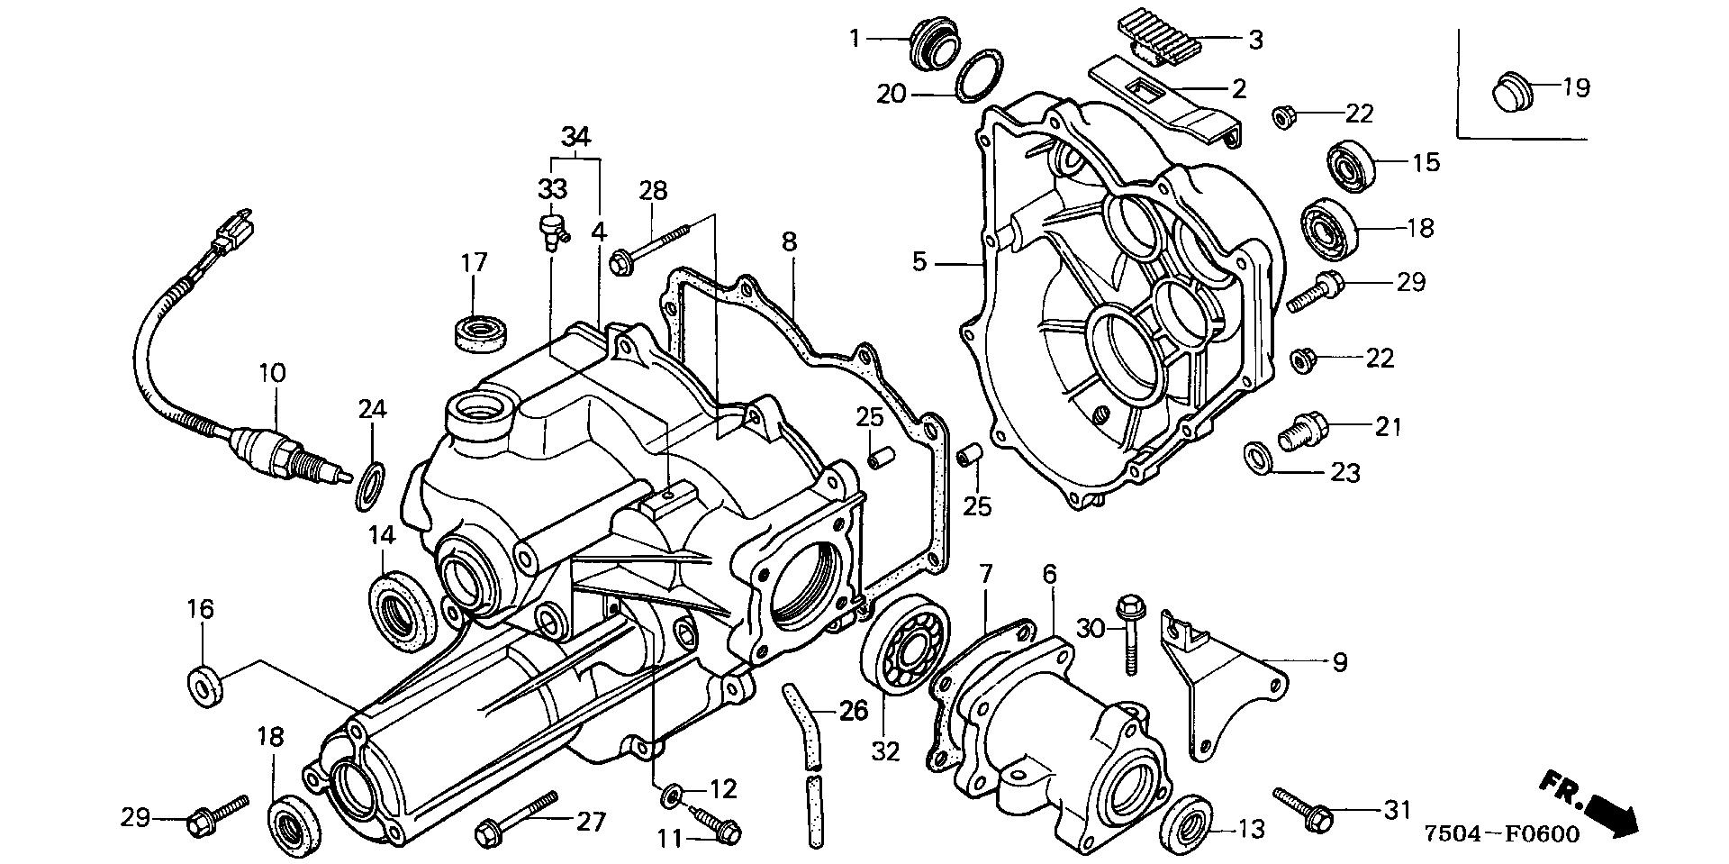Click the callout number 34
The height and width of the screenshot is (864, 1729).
pos(575,138)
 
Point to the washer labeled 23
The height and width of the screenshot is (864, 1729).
pos(1257,457)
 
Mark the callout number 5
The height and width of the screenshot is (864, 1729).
pos(919,262)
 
